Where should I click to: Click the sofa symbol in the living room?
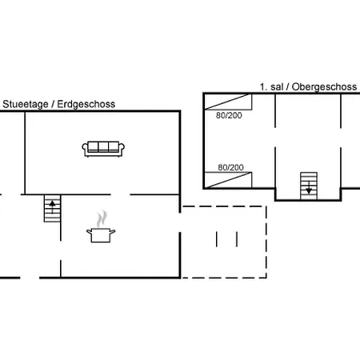pyautogui.click(x=103, y=149)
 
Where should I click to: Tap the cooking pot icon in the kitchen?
pyautogui.click(x=101, y=235)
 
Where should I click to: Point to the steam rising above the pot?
pyautogui.click(x=102, y=219)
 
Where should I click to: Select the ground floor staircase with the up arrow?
pyautogui.click(x=52, y=209)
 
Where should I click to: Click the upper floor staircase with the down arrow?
pyautogui.click(x=309, y=186)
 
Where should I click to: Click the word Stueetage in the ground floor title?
pyautogui.click(x=26, y=104)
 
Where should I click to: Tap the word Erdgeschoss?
pyautogui.click(x=86, y=104)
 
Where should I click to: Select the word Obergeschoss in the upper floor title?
pyautogui.click(x=324, y=87)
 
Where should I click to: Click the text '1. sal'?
pyautogui.click(x=271, y=87)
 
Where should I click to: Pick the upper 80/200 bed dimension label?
pyautogui.click(x=229, y=115)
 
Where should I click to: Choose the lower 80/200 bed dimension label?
pyautogui.click(x=230, y=167)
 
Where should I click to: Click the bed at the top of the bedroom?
pyautogui.click(x=228, y=102)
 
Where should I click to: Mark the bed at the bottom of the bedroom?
pyautogui.click(x=228, y=180)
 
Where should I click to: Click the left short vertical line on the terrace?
pyautogui.click(x=217, y=239)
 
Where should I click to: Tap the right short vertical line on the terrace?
pyautogui.click(x=237, y=239)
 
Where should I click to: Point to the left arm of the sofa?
pyautogui.click(x=85, y=149)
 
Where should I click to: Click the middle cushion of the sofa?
pyautogui.click(x=103, y=146)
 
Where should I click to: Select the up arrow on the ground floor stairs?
pyautogui.click(x=52, y=206)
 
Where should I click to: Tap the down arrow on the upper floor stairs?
pyautogui.click(x=309, y=188)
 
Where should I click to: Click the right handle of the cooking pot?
pyautogui.click(x=113, y=231)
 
